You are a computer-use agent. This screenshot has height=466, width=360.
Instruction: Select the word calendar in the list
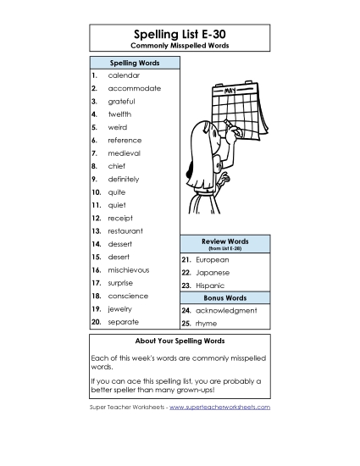[124, 75]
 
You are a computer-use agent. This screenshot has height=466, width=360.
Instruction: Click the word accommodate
[134, 88]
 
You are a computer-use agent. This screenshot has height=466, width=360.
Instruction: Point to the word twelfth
[119, 114]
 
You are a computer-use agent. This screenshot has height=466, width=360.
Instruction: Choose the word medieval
[124, 153]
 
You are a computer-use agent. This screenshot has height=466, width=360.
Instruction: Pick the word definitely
[124, 180]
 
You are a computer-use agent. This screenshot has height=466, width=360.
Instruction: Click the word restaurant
[125, 231]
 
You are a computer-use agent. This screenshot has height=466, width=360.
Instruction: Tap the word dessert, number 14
[120, 244]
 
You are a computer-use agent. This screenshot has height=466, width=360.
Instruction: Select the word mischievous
[128, 269]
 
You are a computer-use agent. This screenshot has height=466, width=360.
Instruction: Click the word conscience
[128, 296]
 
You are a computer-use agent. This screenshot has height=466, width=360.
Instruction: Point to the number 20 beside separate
[96, 322]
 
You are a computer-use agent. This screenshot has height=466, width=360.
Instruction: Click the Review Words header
[224, 242]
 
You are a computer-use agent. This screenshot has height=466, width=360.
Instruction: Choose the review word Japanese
[213, 273]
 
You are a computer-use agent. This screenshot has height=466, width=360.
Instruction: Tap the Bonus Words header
[224, 298]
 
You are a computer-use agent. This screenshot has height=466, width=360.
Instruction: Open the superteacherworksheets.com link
[219, 408]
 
